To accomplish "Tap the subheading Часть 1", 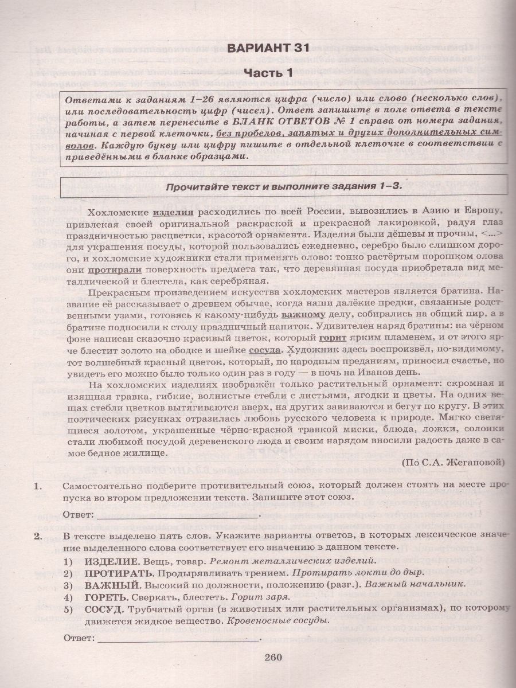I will tap(268, 73).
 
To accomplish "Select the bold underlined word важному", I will tap(303, 315).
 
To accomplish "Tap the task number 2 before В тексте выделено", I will tap(39, 535).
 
